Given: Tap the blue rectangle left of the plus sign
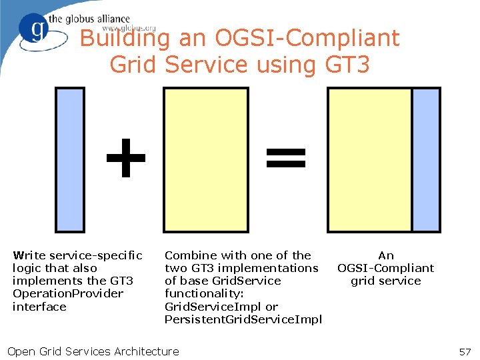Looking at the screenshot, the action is pos(69,160).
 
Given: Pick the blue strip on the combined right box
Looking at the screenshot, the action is pos(426,160).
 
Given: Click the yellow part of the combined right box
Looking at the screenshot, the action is pos(369,160).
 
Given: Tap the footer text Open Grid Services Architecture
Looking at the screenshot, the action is pos(93,351).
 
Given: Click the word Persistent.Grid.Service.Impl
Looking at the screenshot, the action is pos(243,319).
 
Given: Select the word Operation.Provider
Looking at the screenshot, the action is pos(68,294).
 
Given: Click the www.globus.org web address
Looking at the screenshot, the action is pos(129,29).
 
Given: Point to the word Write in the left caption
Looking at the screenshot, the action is pos(29,255).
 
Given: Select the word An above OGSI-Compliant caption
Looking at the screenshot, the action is pos(385,255).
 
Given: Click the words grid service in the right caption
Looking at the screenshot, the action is pos(385,281).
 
